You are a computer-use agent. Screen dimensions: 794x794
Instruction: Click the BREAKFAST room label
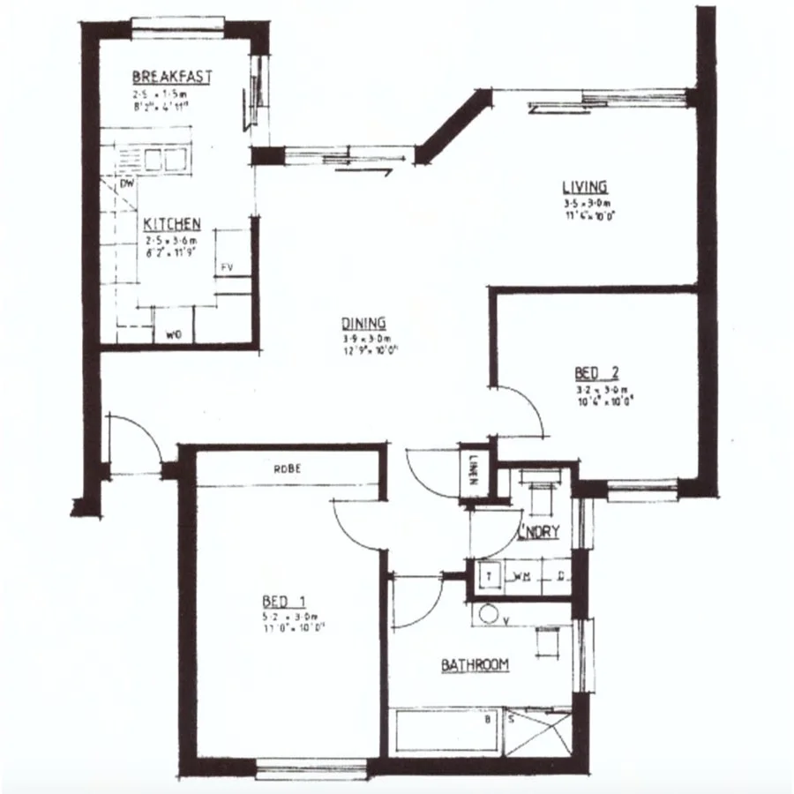click(172, 77)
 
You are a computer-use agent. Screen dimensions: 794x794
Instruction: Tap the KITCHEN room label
click(172, 224)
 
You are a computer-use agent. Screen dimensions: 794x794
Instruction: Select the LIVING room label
click(585, 186)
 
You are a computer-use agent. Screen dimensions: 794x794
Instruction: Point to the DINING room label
click(363, 324)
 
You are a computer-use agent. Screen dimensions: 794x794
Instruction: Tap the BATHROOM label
click(475, 664)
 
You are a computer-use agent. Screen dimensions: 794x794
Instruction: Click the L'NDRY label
click(538, 534)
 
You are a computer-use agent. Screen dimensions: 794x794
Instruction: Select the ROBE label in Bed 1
click(288, 469)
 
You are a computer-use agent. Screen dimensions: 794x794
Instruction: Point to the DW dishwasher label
click(126, 185)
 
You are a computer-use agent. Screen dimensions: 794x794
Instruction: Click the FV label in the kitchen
click(226, 265)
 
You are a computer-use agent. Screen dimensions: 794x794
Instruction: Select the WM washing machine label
click(521, 577)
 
